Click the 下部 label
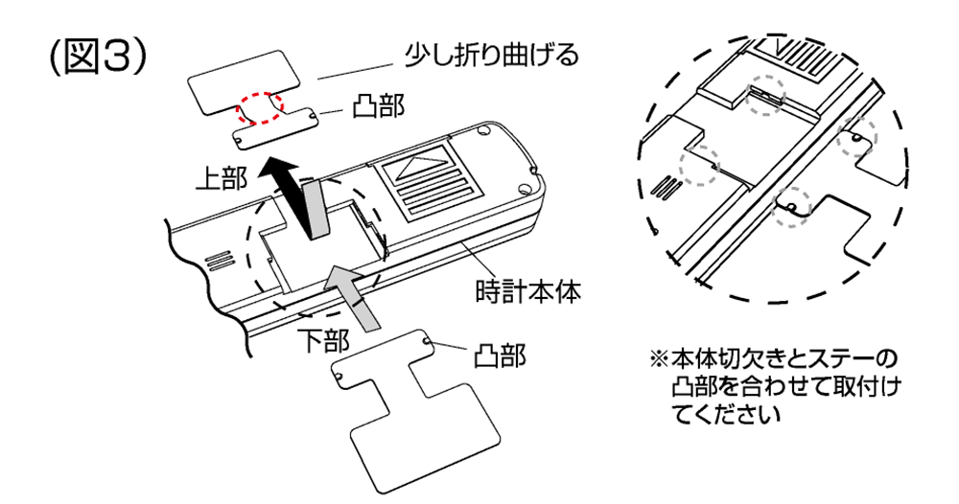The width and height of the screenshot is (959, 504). [x=321, y=340]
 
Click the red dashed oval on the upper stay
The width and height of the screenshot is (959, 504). [x=260, y=106]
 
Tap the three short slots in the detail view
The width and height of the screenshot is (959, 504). [x=663, y=185]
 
